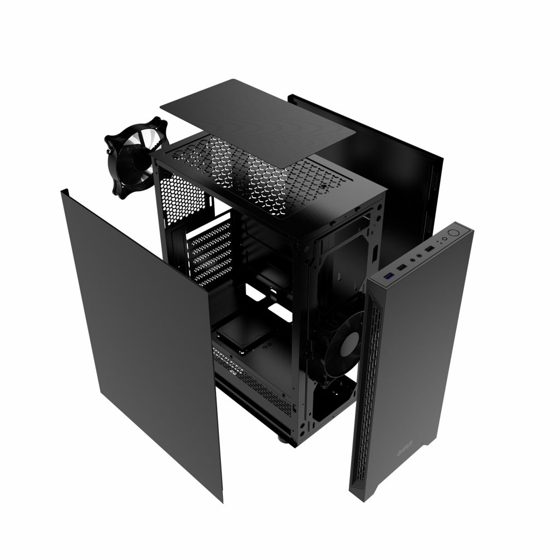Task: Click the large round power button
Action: pos(452,233)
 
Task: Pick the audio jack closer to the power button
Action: pos(419,255)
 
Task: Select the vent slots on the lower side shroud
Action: pos(257,383)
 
